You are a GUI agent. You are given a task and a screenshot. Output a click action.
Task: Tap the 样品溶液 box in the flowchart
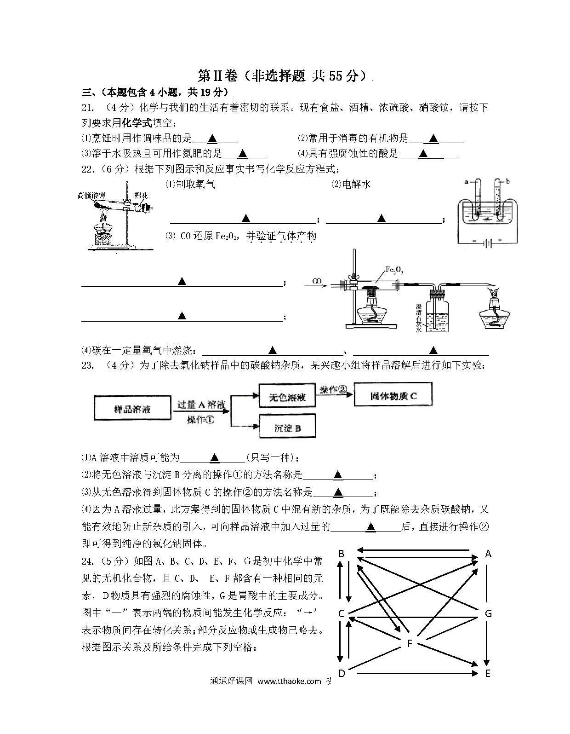coord(132,408)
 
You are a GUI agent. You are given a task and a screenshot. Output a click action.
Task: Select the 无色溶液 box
coord(287,395)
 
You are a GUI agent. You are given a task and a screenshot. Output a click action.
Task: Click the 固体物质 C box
coord(393,394)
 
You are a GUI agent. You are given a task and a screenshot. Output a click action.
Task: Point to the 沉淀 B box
coord(287,426)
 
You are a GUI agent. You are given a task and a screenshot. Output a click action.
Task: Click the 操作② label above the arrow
coord(333,389)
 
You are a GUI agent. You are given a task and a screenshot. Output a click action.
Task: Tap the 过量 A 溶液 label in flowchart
coord(201,405)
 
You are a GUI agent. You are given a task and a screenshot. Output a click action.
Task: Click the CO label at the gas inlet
coord(317,281)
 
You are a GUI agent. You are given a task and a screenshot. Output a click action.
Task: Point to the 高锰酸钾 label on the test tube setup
coord(91,195)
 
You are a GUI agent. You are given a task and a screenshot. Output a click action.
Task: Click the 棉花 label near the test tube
coord(141,195)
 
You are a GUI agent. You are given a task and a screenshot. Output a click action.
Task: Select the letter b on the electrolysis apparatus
coord(508,182)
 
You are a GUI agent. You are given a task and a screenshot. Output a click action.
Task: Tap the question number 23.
coord(87,365)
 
